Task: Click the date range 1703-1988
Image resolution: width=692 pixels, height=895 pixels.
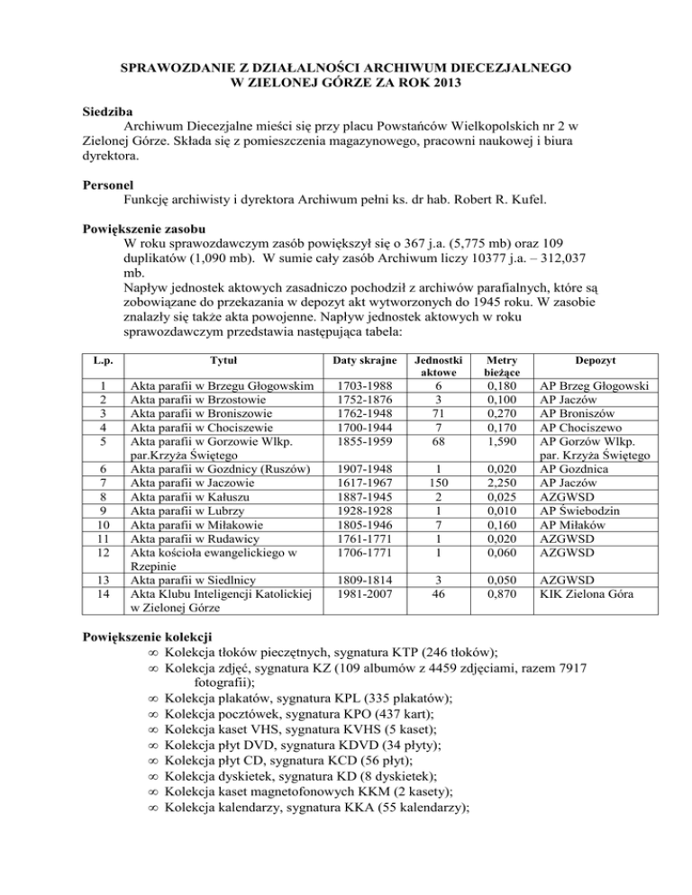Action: click(x=365, y=386)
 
